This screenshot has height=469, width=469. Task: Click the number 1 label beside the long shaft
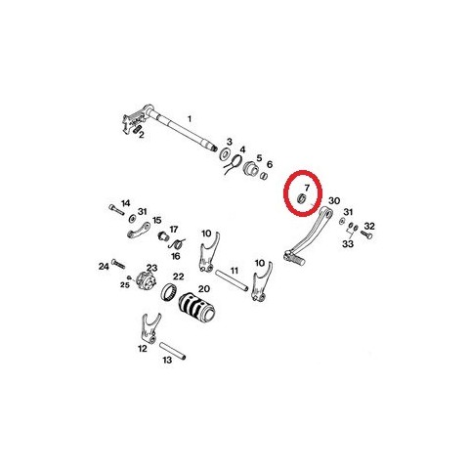click(190, 119)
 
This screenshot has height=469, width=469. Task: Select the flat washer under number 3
click(225, 153)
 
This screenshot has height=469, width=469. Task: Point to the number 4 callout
click(242, 149)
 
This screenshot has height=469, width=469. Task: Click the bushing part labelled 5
click(251, 167)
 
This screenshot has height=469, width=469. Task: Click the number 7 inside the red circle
click(307, 188)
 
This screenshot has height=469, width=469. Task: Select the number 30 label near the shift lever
click(334, 200)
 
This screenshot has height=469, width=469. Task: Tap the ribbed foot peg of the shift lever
click(295, 258)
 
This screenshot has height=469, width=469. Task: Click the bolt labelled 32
click(366, 234)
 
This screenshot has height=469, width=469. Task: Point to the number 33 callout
click(348, 243)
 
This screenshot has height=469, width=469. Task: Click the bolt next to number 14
click(116, 209)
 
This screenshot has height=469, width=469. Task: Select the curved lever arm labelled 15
click(138, 230)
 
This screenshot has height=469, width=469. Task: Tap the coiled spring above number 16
click(178, 243)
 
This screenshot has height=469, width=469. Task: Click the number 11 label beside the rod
click(234, 271)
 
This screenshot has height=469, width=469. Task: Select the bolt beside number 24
click(118, 263)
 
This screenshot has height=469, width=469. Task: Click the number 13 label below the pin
click(167, 360)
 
